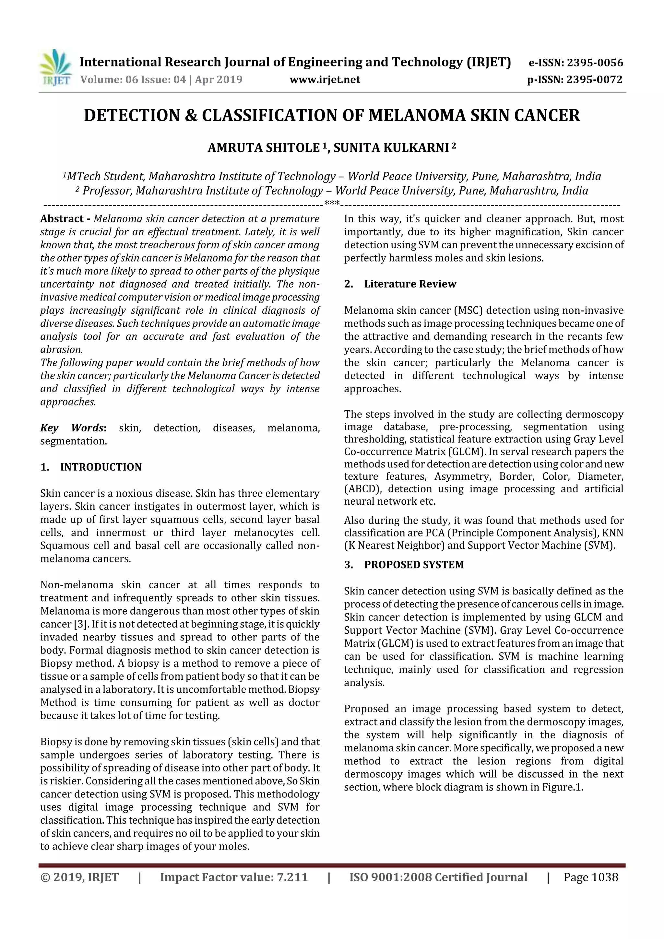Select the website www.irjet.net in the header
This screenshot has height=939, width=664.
[325, 80]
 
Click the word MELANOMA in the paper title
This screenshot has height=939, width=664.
[417, 116]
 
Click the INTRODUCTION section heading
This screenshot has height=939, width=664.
[101, 467]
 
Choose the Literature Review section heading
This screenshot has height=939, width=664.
[410, 284]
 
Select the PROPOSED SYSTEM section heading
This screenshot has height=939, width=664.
[414, 565]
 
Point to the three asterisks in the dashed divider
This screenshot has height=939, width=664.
[332, 203]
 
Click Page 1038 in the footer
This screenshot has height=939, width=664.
[590, 877]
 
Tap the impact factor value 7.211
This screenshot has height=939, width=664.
[292, 877]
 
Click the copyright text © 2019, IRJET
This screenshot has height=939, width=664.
[79, 877]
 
